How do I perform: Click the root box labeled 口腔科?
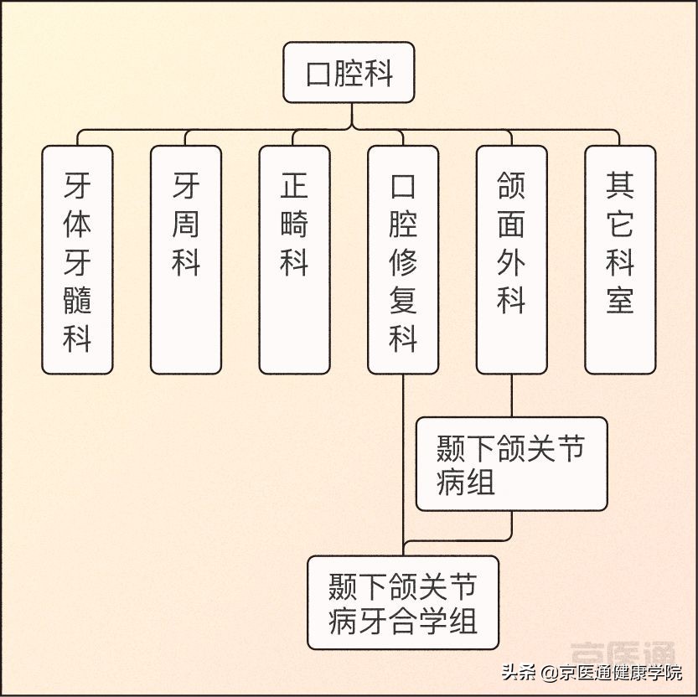(x=349, y=73)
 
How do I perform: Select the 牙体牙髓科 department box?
(x=77, y=260)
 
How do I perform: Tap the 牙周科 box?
(x=186, y=260)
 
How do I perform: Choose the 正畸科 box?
(x=294, y=260)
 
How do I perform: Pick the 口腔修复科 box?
(x=403, y=260)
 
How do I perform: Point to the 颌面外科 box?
(x=511, y=260)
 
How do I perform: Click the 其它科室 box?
(x=620, y=260)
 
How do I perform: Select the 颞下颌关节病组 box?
(x=511, y=464)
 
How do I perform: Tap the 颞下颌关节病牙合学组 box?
(x=403, y=602)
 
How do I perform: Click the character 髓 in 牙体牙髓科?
(x=77, y=299)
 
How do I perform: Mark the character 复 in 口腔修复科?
(x=403, y=299)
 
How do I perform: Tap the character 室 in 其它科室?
(x=620, y=299)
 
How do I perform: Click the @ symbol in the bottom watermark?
(x=550, y=673)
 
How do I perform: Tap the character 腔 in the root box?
(x=349, y=74)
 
